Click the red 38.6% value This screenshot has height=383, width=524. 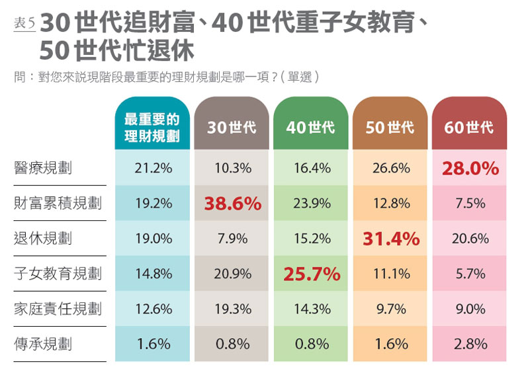(x=232, y=204)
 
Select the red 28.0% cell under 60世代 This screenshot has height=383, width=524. (x=470, y=169)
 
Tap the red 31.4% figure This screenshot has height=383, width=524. (x=391, y=239)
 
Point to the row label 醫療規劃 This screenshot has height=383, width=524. (x=43, y=168)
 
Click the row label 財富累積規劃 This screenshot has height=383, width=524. (x=58, y=203)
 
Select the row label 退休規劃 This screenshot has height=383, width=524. (x=43, y=238)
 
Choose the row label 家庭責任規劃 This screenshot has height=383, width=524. (x=58, y=309)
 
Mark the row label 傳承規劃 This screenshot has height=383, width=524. (x=43, y=344)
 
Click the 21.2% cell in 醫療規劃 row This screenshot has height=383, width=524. (x=153, y=168)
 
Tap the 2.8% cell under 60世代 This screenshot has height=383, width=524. (x=470, y=344)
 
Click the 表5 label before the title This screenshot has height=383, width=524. (x=24, y=23)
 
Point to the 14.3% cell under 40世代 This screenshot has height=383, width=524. (x=312, y=309)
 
